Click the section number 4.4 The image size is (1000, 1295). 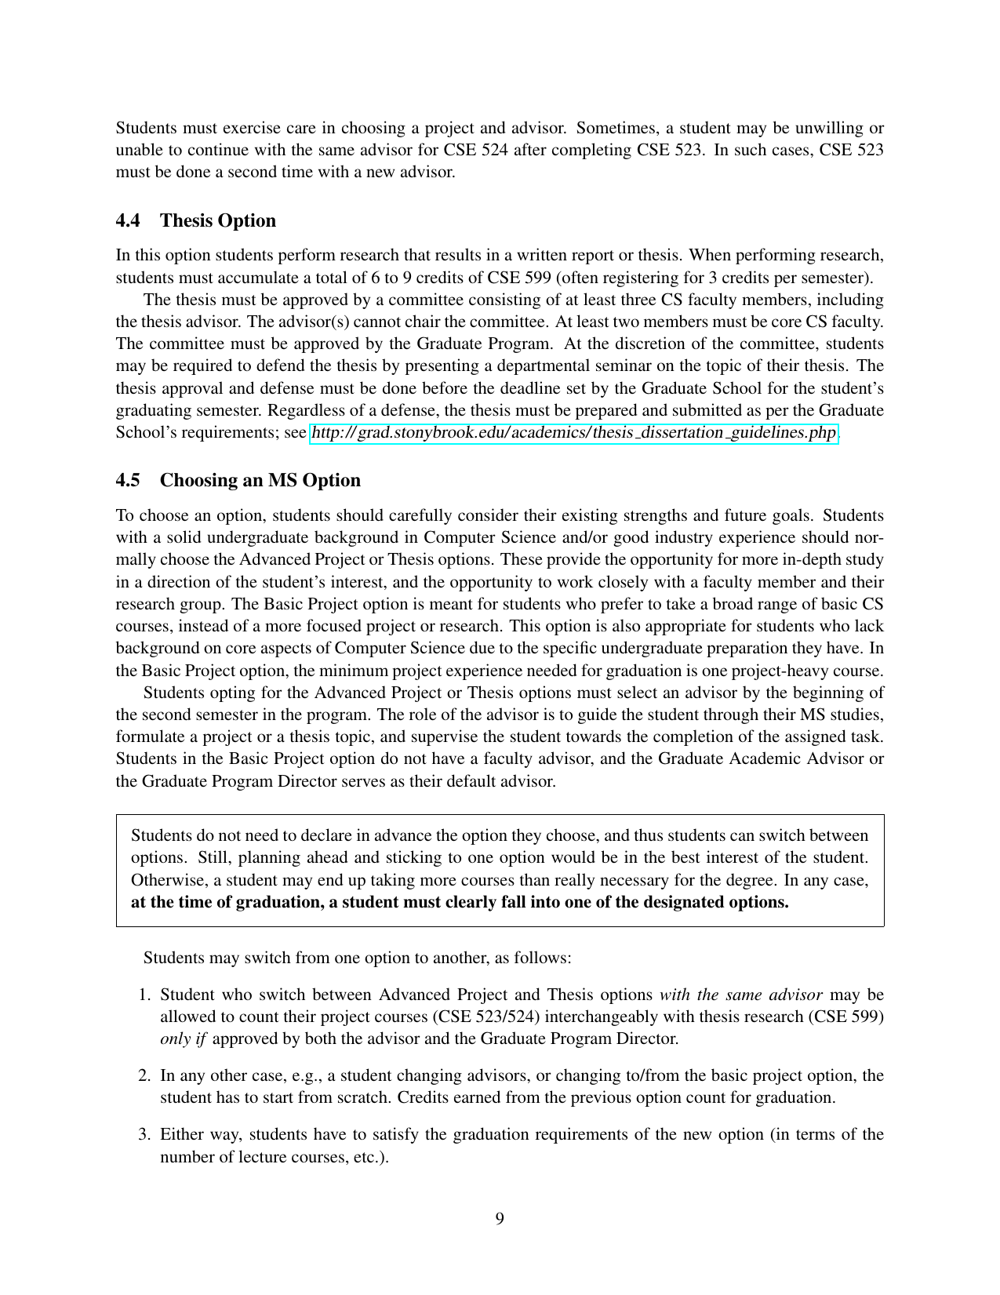click(x=128, y=220)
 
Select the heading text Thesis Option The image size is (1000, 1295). click(x=218, y=220)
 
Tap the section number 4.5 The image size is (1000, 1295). click(x=128, y=480)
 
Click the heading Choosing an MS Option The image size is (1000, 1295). click(x=260, y=480)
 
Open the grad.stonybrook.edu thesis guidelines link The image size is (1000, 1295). click(x=574, y=433)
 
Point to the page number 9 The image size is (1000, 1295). click(x=500, y=1218)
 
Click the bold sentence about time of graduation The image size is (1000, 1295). click(x=460, y=902)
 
